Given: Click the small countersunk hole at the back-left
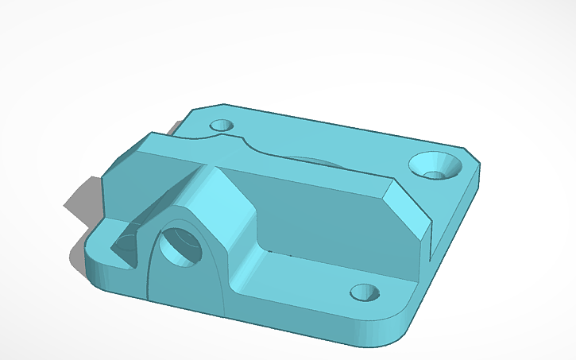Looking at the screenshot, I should pyautogui.click(x=221, y=126).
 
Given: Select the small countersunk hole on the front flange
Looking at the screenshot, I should pyautogui.click(x=365, y=292).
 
